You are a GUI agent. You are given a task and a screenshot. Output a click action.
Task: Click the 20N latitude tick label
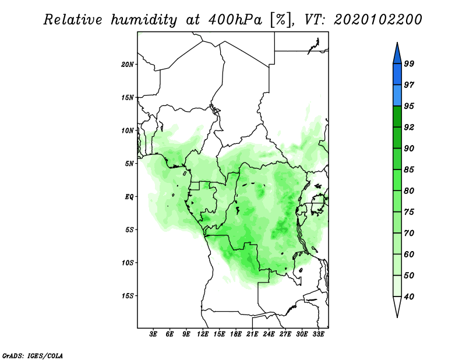coord(127,65)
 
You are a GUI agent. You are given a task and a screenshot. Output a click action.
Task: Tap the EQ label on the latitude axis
coord(129,197)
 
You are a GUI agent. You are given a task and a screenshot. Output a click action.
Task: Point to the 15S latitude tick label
coord(127,296)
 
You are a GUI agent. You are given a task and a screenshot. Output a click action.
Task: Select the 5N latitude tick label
coord(129,164)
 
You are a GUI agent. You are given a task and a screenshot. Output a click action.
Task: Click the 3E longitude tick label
coord(153,334)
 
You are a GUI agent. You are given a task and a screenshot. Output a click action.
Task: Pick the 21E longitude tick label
coord(252,334)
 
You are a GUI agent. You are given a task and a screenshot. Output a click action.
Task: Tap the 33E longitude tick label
coord(318,334)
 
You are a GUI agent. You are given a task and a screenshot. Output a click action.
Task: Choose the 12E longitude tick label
coord(202,334)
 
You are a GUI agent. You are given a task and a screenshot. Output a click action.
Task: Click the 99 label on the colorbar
coord(409,63)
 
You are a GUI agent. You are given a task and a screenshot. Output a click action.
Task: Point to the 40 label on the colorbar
coord(409,297)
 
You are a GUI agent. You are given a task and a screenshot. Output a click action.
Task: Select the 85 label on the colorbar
coord(409,170)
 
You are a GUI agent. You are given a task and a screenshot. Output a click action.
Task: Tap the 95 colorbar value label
coord(409,106)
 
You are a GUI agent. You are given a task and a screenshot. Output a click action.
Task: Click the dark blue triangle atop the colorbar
coord(397,55)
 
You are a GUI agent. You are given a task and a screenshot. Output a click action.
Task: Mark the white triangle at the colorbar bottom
coord(397,305)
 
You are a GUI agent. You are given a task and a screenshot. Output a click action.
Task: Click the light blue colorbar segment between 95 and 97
coord(397,96)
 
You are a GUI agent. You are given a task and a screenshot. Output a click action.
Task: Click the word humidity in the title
coord(144,20)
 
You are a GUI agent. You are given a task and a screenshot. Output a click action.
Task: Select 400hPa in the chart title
coord(235,20)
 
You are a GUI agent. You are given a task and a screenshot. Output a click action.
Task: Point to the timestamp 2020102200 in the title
coord(378,20)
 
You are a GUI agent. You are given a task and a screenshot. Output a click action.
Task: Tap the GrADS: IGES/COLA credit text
coord(33,356)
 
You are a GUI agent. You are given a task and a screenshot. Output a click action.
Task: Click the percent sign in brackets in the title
coord(280,20)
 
